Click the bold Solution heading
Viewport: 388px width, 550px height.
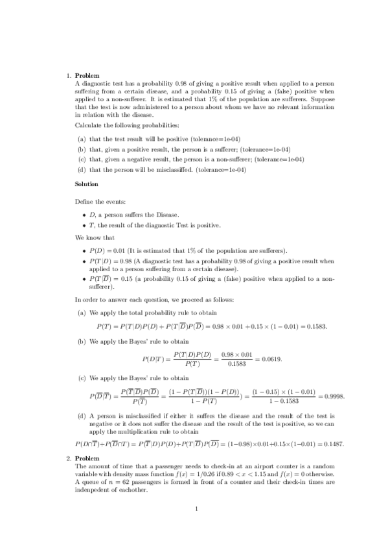pos(86,184)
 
